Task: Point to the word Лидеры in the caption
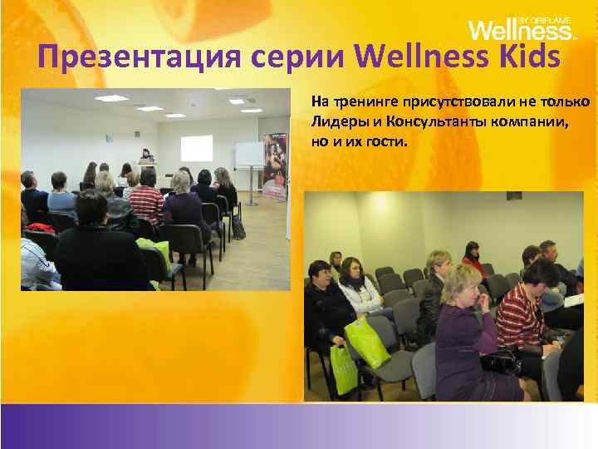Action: [336, 121]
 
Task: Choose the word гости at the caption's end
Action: [387, 141]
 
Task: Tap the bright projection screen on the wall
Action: [196, 148]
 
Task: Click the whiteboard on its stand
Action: [248, 155]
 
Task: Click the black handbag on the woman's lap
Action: [501, 360]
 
